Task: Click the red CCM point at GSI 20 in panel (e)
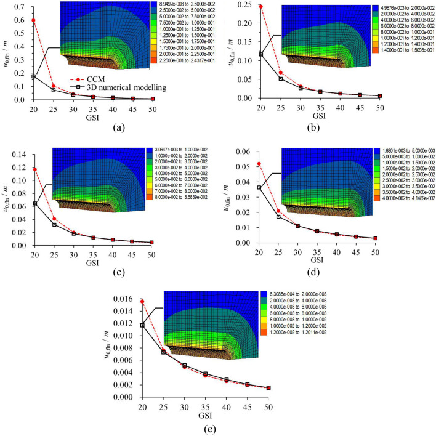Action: [143, 302]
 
